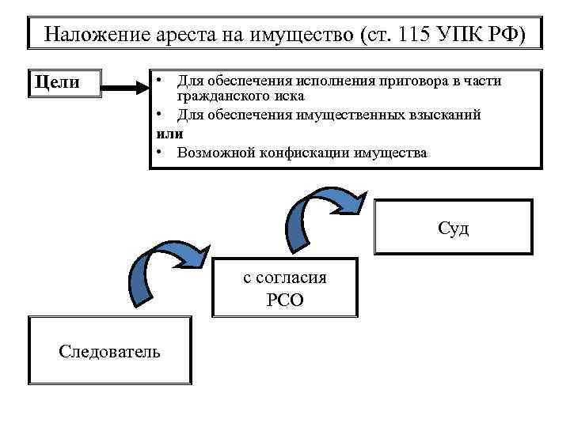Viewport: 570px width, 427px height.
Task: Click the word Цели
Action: coord(55,81)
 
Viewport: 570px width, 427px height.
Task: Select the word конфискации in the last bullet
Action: coord(301,152)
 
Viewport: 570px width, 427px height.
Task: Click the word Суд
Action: coord(454,229)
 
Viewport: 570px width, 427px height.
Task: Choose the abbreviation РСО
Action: coord(285,300)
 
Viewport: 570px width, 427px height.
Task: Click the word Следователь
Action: coord(109,351)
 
